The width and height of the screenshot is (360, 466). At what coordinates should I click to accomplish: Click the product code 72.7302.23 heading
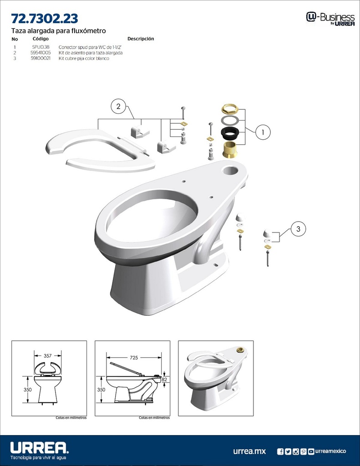click(45, 19)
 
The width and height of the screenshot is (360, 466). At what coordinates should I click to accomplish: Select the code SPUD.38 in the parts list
click(41, 47)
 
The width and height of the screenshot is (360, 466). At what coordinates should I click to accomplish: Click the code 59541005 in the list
click(41, 53)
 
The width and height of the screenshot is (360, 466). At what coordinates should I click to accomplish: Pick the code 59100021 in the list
click(41, 58)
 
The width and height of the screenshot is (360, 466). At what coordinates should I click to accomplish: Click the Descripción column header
click(141, 39)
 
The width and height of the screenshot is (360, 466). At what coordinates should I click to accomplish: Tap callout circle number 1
click(263, 132)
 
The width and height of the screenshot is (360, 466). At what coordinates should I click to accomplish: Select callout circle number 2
click(118, 106)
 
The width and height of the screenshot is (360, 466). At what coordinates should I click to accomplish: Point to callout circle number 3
click(298, 229)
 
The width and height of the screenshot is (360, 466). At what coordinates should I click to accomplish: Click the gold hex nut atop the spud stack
click(230, 109)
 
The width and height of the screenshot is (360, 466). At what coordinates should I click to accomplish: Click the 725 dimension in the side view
click(133, 358)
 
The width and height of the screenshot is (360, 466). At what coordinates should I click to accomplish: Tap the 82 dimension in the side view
click(165, 379)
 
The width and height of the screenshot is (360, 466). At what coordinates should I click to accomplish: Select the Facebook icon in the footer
click(280, 451)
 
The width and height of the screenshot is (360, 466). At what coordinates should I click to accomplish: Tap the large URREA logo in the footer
click(39, 447)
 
